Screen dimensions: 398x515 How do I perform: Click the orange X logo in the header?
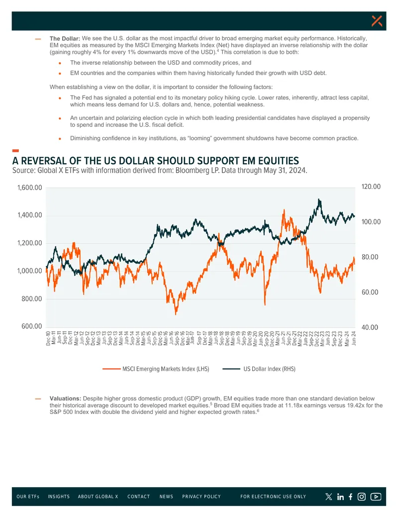377,21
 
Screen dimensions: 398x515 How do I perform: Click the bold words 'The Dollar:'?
65,38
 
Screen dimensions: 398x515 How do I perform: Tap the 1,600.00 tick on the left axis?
29,188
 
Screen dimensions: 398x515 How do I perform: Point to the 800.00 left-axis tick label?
32,299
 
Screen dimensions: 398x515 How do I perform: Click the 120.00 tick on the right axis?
371,187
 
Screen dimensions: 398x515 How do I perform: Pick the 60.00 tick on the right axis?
370,292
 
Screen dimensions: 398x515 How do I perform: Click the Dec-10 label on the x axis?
48,338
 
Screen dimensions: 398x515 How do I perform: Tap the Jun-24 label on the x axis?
354,338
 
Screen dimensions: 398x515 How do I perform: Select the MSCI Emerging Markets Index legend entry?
156,369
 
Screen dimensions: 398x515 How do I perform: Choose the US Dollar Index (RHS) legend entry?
259,369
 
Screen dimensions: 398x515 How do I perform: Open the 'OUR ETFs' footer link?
28,497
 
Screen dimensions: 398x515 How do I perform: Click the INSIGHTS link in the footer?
59,497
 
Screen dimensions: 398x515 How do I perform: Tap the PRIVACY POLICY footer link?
201,497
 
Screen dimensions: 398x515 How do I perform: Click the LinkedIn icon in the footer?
340,497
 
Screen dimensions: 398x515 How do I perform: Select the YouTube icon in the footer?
376,497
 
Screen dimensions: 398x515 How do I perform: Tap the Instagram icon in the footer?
362,497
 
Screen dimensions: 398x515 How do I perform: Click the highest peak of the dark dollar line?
319,199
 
